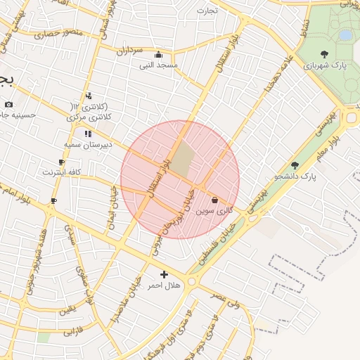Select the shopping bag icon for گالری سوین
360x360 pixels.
pos(214,200)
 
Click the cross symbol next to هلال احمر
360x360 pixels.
pos(165,274)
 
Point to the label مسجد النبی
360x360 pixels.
pos(158,65)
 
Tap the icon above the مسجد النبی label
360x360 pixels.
pos(158,55)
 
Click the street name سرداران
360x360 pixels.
pos(129,51)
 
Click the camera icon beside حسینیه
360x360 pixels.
pos(8,104)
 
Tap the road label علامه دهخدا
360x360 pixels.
pos(277,79)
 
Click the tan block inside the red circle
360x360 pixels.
pos(182,160)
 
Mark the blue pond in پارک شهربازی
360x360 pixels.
pos(345,34)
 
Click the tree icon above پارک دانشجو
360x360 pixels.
pos(295,165)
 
